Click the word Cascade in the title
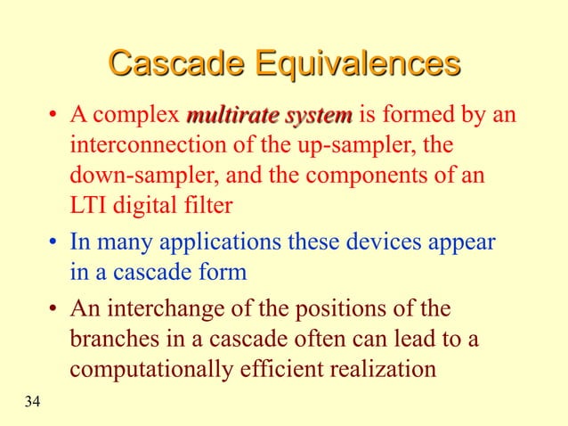pos(176,65)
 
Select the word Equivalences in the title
pos(358,65)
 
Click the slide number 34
pos(32,403)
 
